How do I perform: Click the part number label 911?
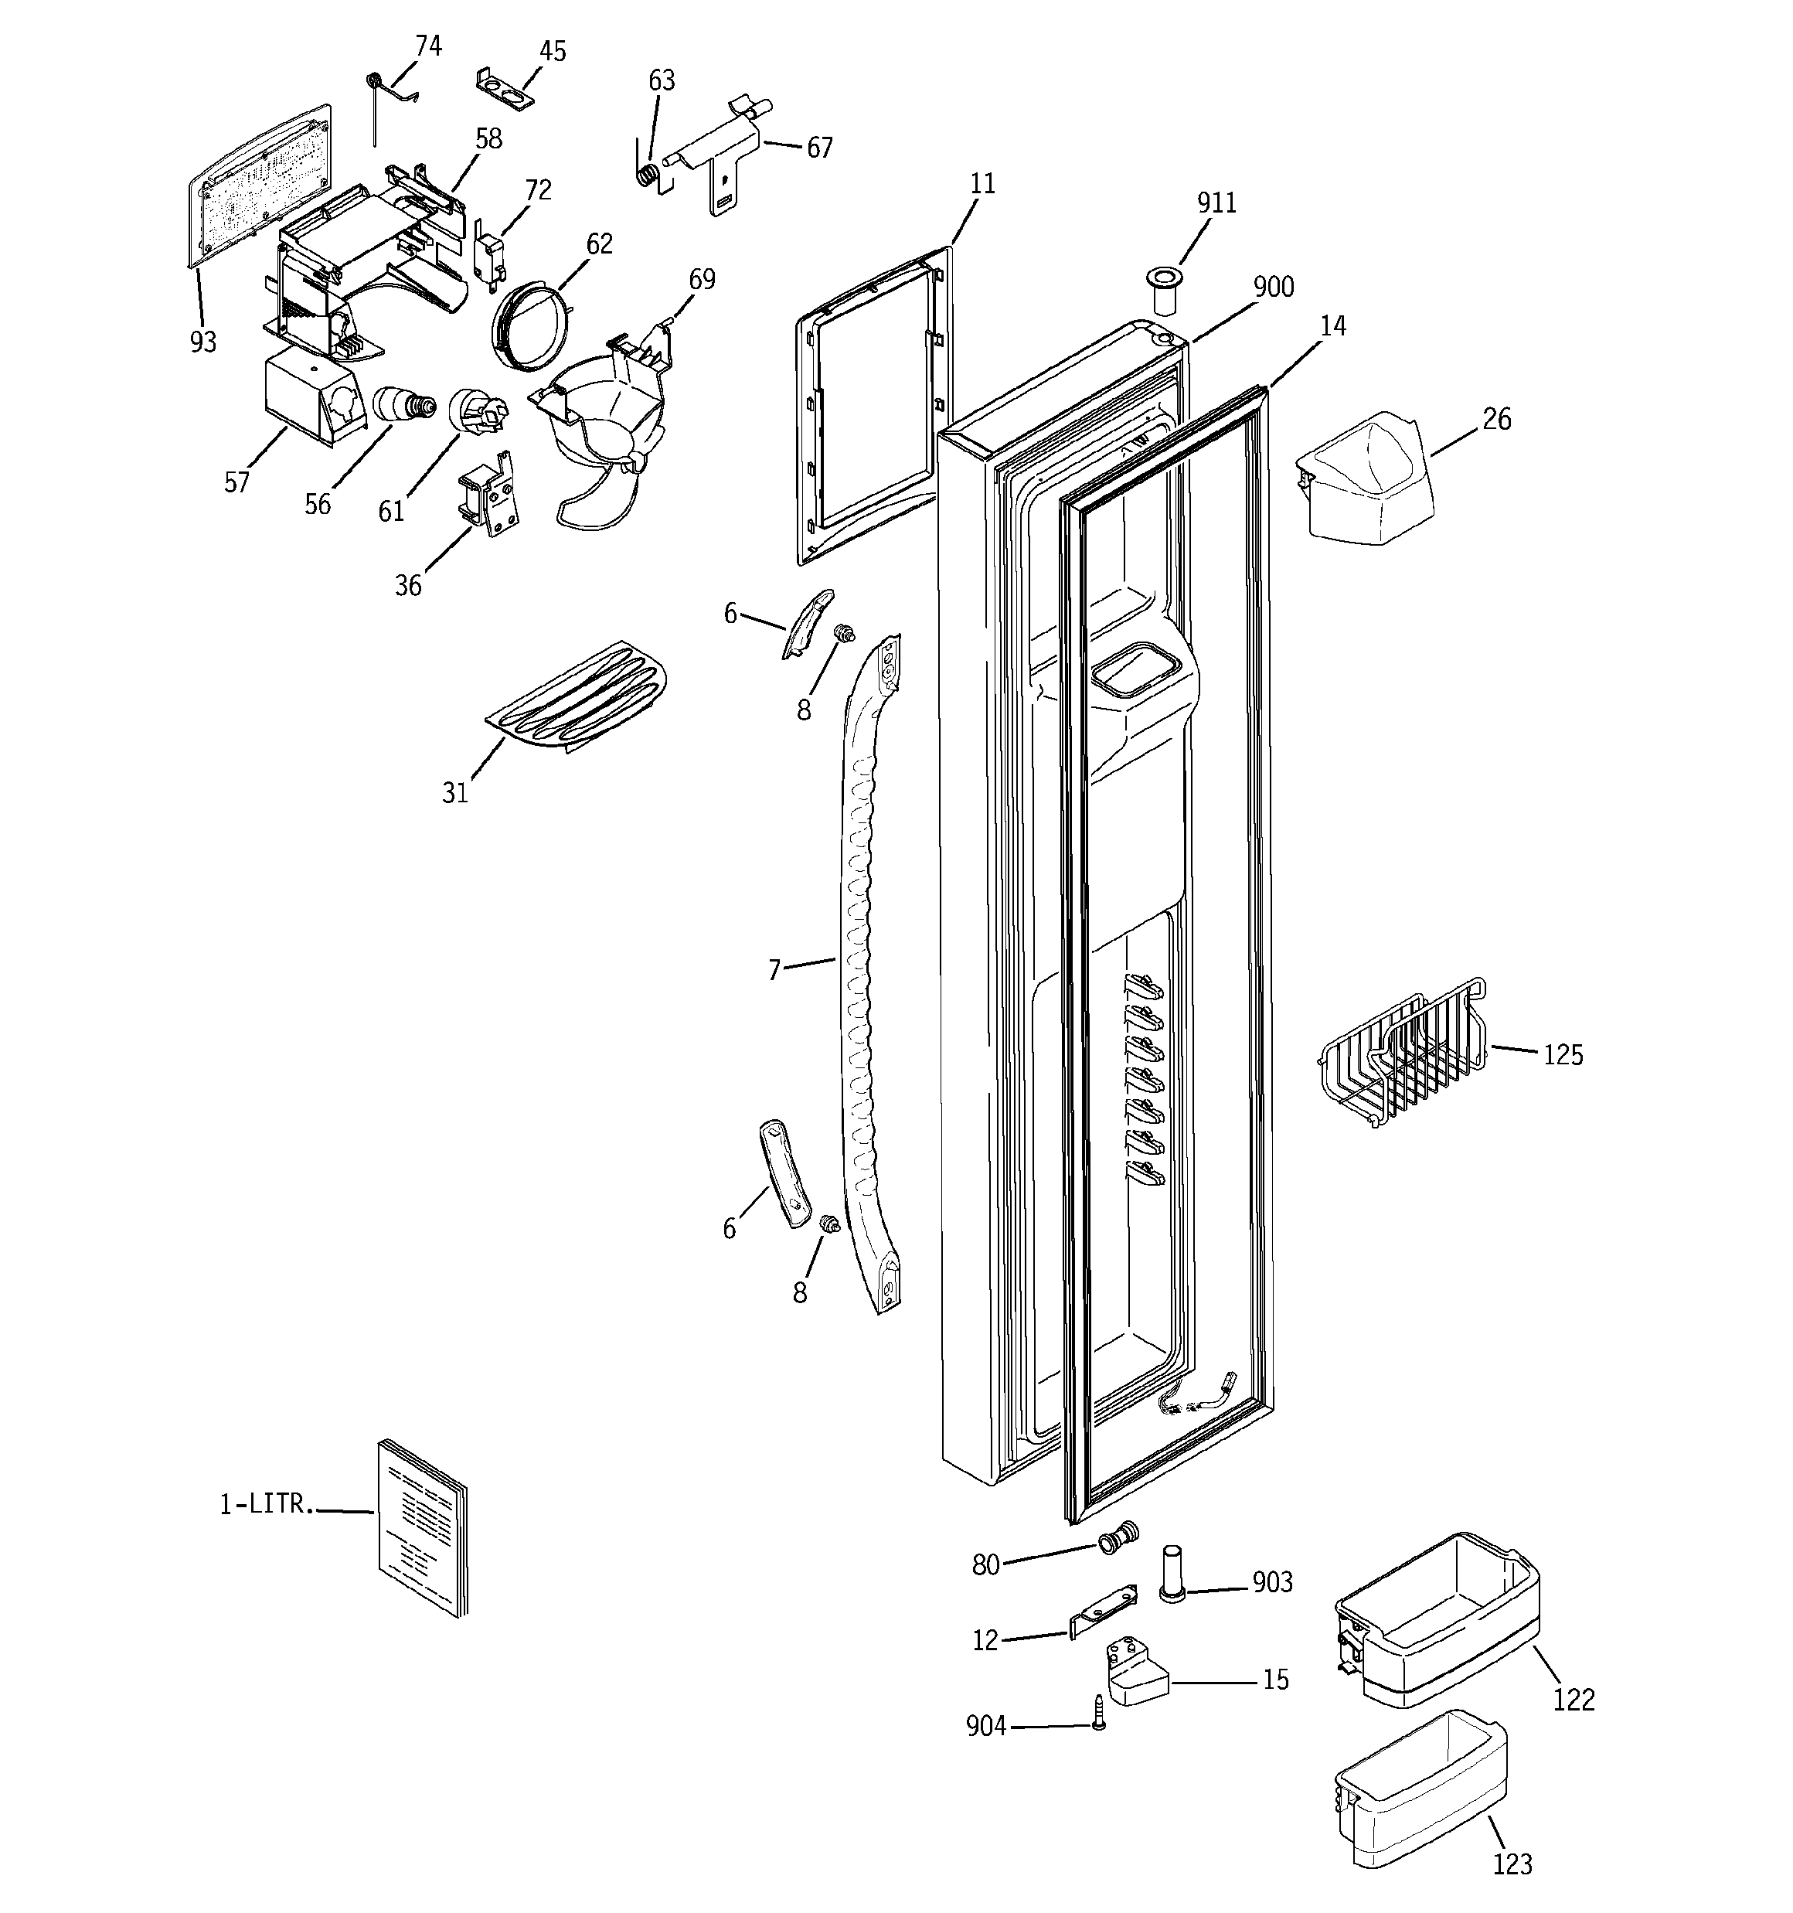tap(1216, 203)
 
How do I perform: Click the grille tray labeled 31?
tap(576, 696)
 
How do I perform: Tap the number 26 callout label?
tap(1496, 420)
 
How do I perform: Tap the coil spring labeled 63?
tap(651, 176)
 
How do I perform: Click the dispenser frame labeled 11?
tap(871, 404)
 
